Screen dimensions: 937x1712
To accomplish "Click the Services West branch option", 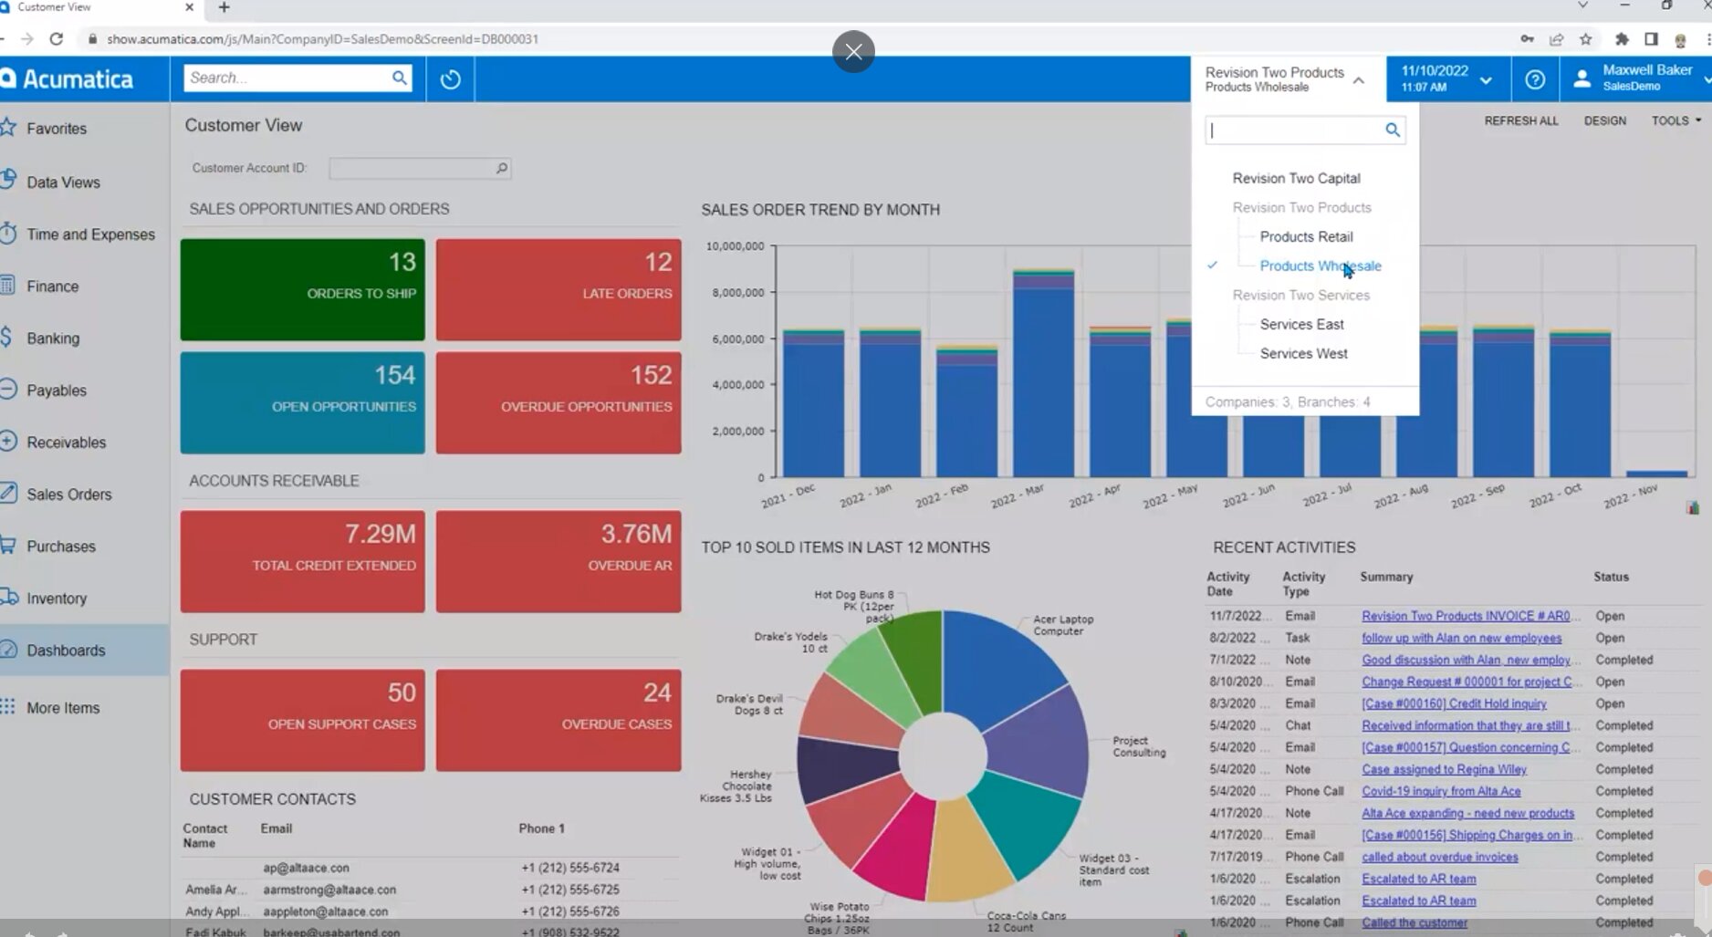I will tap(1303, 353).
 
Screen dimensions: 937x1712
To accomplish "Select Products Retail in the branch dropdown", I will tap(1306, 236).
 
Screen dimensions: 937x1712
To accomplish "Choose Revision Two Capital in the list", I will tap(1296, 178).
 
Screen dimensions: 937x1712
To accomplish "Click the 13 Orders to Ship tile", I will tap(302, 289).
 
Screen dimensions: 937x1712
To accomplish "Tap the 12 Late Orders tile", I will tap(558, 289).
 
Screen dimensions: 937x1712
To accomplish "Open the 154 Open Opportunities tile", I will tap(302, 402).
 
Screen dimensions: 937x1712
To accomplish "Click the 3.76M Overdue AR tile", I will tap(558, 561).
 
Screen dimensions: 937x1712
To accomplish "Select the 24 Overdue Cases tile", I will tap(558, 720).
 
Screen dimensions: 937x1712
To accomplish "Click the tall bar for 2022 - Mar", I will tap(1043, 374).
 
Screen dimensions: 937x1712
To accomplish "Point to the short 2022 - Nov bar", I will tap(1656, 474).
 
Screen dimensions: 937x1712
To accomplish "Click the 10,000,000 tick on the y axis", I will tap(735, 246).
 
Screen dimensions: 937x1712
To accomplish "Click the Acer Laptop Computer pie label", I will tap(1062, 625).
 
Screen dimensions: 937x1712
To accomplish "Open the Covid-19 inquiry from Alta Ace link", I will tap(1441, 791).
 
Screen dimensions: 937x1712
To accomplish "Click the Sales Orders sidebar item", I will tap(69, 495).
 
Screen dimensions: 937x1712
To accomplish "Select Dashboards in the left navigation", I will tap(66, 651).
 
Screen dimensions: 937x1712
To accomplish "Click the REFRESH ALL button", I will tap(1520, 120).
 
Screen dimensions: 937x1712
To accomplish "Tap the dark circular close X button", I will tap(853, 51).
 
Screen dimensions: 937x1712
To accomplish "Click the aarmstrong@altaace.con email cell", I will tap(329, 890).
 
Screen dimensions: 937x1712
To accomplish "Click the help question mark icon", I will tap(1535, 79).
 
